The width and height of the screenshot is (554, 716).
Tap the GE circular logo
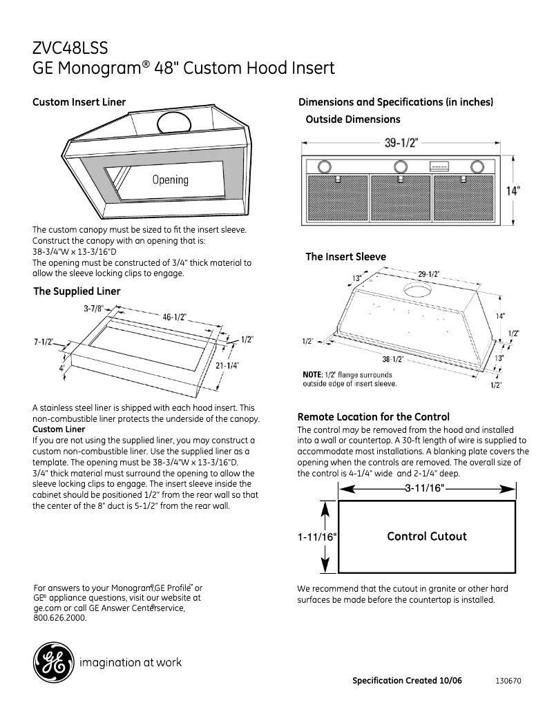click(52, 664)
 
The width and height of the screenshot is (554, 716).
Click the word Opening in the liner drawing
click(170, 180)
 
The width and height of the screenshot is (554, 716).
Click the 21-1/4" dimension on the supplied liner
click(227, 366)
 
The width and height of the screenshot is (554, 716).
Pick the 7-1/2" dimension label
click(48, 342)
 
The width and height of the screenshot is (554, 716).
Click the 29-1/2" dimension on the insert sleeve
click(428, 274)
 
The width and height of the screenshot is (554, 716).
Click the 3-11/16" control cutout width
click(426, 488)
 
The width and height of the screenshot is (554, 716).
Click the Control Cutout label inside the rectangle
click(427, 536)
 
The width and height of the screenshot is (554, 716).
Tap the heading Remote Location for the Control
click(373, 417)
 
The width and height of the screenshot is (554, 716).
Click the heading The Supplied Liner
click(77, 291)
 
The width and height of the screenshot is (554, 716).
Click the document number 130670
click(508, 681)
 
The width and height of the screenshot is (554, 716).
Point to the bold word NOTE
click(313, 374)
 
